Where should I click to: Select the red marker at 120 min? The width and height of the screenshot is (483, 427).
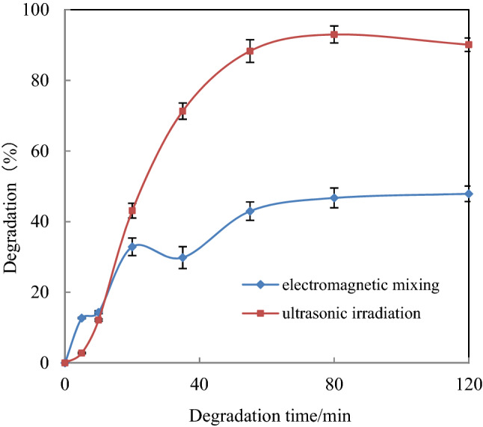coord(469,45)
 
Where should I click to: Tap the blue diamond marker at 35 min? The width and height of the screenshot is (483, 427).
coord(182,257)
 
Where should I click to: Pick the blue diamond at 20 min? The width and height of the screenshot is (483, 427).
coord(132,247)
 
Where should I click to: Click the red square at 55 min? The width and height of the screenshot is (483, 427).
coord(250,51)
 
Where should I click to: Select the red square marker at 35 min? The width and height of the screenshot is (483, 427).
coord(182,111)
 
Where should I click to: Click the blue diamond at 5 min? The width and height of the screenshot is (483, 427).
coord(81,318)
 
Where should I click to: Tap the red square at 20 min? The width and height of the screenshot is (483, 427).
coord(132,211)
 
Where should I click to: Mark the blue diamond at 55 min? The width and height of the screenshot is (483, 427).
coord(250,211)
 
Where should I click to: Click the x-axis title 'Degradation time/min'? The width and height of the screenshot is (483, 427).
coord(267,414)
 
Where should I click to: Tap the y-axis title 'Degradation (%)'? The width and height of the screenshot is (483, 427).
coord(13,187)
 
